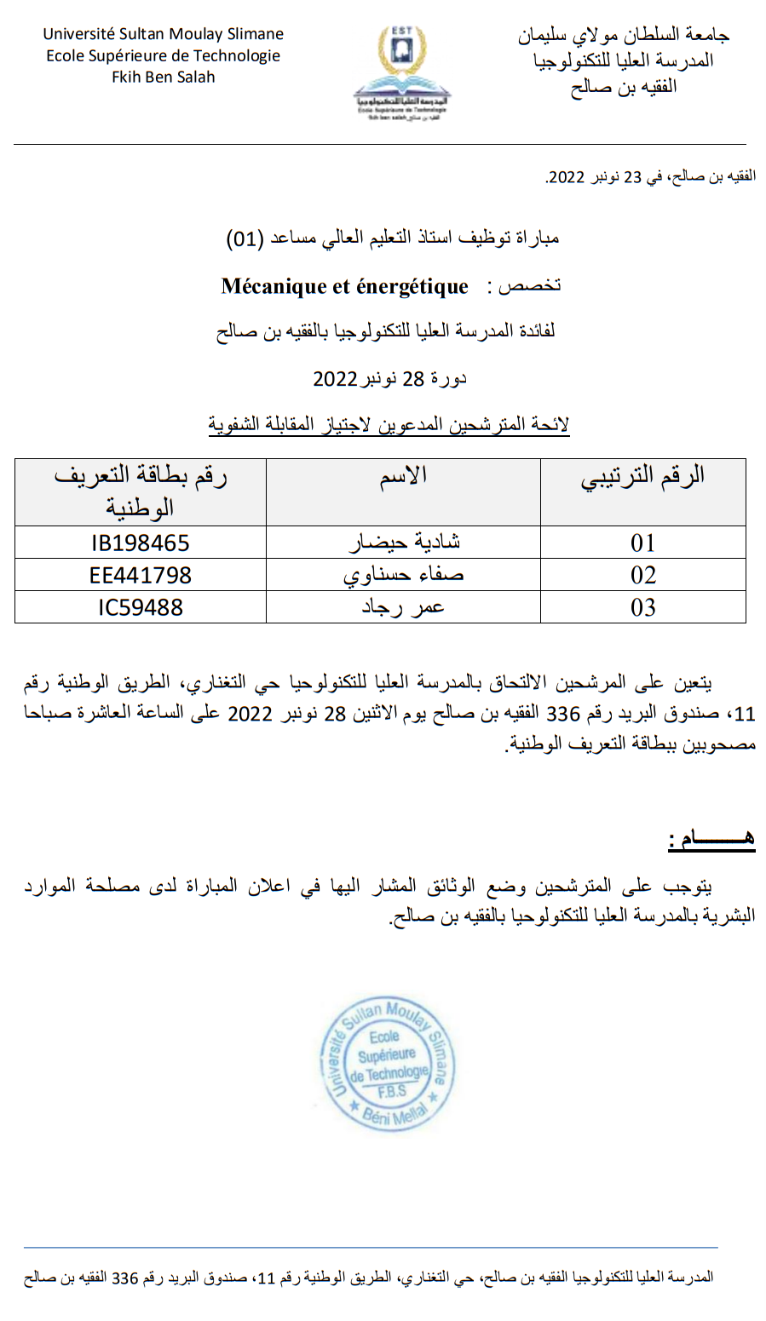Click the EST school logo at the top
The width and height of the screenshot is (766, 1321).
tap(401, 72)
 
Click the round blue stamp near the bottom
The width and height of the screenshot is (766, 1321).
tap(389, 1064)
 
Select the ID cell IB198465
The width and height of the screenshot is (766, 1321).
tap(141, 543)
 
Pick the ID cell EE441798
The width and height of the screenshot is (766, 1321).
tap(141, 575)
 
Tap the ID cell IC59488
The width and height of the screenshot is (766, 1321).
tap(141, 607)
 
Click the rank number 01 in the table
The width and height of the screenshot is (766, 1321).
tap(643, 543)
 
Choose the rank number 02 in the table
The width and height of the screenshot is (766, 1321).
tap(643, 575)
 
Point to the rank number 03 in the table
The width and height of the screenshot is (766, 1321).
tap(643, 607)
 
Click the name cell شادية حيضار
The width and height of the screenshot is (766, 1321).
tap(404, 543)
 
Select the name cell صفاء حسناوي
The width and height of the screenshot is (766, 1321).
tap(404, 575)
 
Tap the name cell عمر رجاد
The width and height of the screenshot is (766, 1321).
tap(404, 607)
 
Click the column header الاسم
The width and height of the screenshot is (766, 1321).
tap(404, 476)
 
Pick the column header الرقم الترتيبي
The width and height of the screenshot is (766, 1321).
tap(643, 476)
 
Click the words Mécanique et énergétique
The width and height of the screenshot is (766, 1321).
tap(344, 287)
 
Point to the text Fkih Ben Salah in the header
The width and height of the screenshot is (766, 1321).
tap(164, 77)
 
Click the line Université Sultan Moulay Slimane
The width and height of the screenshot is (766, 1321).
tap(164, 34)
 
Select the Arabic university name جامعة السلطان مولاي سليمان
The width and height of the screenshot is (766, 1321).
tap(624, 35)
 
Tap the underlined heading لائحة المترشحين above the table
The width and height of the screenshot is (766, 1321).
tap(389, 424)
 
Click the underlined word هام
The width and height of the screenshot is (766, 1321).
tap(712, 839)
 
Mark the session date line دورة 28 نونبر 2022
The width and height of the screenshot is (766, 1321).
tap(389, 378)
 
